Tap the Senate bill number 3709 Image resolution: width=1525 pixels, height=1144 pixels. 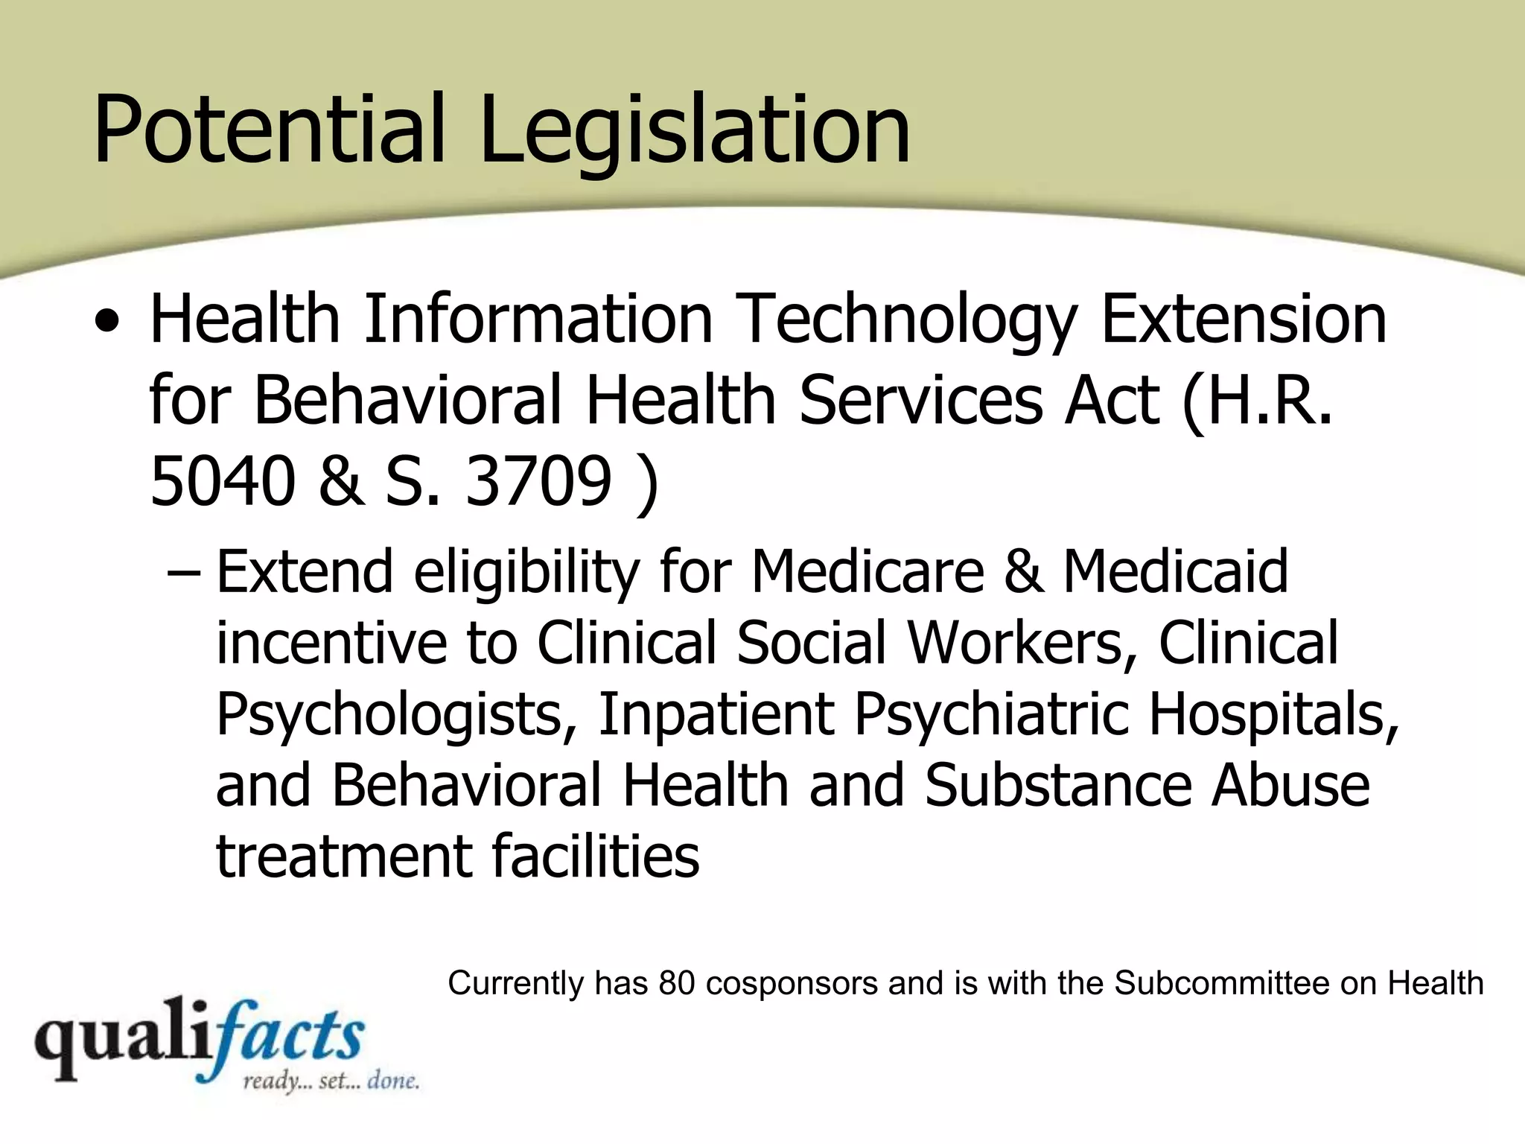click(x=538, y=480)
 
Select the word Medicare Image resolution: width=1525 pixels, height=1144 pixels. click(x=867, y=571)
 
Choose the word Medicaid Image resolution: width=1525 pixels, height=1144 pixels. click(x=1175, y=571)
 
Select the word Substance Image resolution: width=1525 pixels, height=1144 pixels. click(x=1057, y=785)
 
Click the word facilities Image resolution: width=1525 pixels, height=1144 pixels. click(x=595, y=856)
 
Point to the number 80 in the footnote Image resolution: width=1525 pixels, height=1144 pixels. click(x=676, y=983)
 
